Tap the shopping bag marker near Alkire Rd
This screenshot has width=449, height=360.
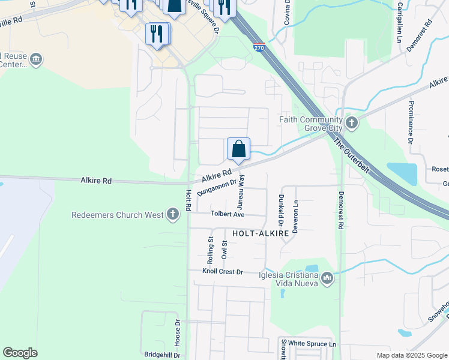coord(238,149)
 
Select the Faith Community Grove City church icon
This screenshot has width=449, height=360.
coord(352,124)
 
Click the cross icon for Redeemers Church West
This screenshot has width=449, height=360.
coord(173,214)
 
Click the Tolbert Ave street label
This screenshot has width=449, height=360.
coord(227,214)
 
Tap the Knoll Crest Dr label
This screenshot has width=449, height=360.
coord(222,272)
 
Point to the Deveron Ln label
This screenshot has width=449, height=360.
coord(295,209)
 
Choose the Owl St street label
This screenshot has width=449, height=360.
coord(224,250)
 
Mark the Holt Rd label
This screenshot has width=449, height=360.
coord(188,200)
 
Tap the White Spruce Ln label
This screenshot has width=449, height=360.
coord(312,344)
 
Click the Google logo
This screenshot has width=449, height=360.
coord(20,353)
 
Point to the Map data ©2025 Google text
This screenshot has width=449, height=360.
coord(411,355)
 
